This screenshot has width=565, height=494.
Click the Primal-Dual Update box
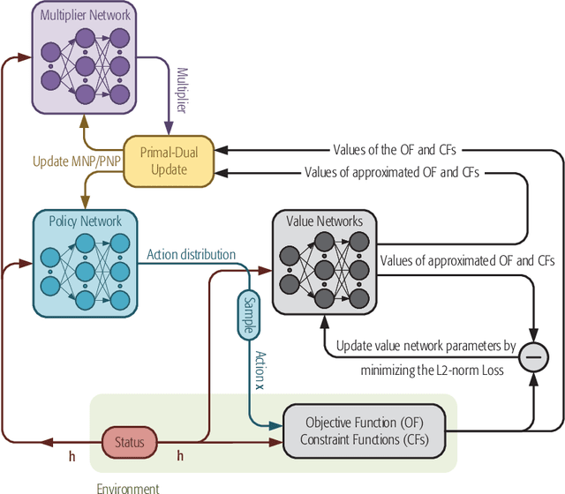click(x=169, y=161)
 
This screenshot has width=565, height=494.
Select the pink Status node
click(x=130, y=442)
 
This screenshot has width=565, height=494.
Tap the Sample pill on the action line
click(x=249, y=315)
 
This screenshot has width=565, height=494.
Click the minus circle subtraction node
click(x=533, y=356)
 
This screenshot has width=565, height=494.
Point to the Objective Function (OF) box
click(x=365, y=431)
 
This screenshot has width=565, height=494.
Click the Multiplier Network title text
click(x=85, y=15)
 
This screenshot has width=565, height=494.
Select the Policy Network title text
click(x=85, y=221)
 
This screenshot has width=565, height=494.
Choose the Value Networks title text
click(x=324, y=221)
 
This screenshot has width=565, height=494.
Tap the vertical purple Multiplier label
click(x=183, y=90)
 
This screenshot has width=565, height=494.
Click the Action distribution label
click(x=191, y=255)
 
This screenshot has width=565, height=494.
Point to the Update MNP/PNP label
click(x=77, y=161)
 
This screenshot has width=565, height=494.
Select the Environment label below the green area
click(x=128, y=488)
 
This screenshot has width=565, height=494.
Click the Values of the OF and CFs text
click(x=395, y=150)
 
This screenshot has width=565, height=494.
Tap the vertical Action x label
click(x=260, y=370)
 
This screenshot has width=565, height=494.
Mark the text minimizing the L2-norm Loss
click(x=432, y=370)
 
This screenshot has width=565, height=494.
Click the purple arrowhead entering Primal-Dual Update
click(x=169, y=129)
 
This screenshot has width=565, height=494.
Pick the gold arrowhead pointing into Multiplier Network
click(x=84, y=121)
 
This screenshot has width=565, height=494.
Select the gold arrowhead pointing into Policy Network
click(x=85, y=202)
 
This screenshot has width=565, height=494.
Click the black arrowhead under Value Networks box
click(x=325, y=321)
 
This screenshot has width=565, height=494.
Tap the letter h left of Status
click(x=72, y=456)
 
